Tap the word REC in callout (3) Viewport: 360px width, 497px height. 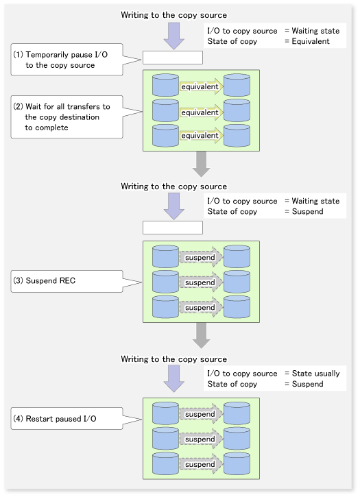pyautogui.click(x=68, y=280)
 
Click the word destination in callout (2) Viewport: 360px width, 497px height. pyautogui.click(x=80, y=117)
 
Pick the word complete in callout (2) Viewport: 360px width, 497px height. pyautogui.click(x=51, y=128)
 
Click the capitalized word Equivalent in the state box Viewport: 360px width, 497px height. pyautogui.click(x=311, y=41)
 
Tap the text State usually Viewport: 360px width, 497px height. pyautogui.click(x=315, y=374)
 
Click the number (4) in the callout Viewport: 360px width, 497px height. pyautogui.click(x=19, y=419)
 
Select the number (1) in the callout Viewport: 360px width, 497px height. pyautogui.click(x=19, y=55)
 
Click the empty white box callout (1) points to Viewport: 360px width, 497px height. pyautogui.click(x=173, y=58)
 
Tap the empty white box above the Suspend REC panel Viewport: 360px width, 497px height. pyautogui.click(x=173, y=228)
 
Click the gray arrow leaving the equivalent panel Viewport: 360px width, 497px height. pyautogui.click(x=201, y=164)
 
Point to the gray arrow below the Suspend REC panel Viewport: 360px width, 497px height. pyautogui.click(x=201, y=335)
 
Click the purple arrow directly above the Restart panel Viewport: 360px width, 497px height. pyautogui.click(x=173, y=378)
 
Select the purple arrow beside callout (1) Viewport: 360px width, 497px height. pyautogui.click(x=173, y=36)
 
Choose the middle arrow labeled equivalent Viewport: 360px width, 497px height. pyautogui.click(x=202, y=112)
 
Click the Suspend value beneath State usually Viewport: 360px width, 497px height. pyautogui.click(x=307, y=384)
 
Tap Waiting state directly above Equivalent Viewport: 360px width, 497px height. pyautogui.click(x=315, y=31)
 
